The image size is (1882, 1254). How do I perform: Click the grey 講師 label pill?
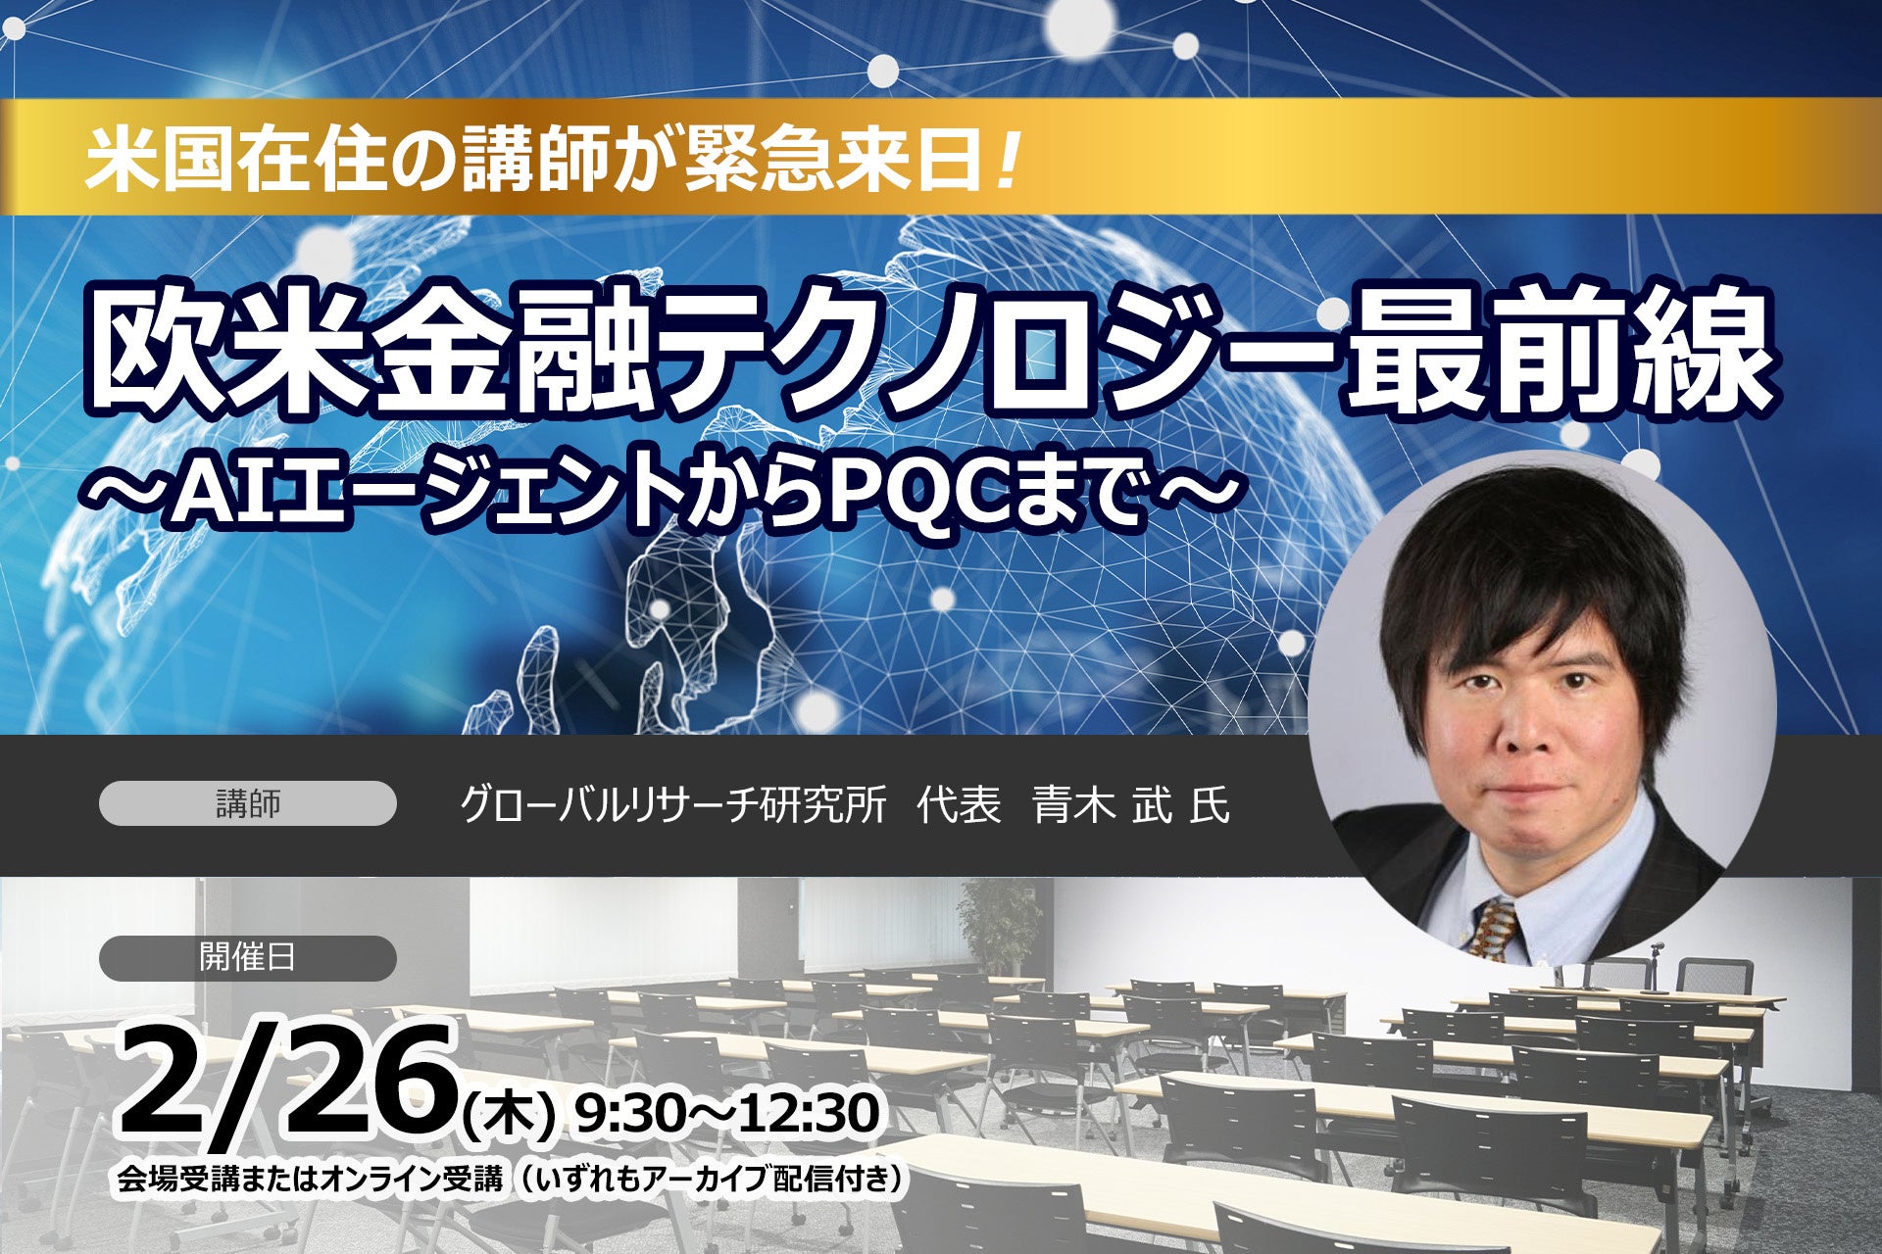248,803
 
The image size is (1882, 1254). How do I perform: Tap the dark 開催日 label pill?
248,958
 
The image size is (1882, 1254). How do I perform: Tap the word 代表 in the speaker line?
960,805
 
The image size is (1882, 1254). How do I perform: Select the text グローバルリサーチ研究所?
672,805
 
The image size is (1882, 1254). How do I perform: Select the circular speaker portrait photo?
1543,706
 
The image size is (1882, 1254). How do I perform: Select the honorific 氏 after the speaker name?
1210,805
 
